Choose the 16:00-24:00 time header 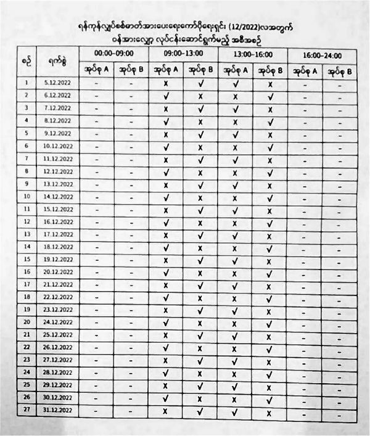pos(322,56)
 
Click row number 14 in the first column pos(27,245)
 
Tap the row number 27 pos(27,411)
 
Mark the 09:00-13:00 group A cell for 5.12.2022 pos(165,83)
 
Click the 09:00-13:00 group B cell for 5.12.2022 pos(201,83)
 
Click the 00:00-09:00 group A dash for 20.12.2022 pos(96,272)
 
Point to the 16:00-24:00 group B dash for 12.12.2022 pos(341,172)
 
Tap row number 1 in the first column pos(27,82)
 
